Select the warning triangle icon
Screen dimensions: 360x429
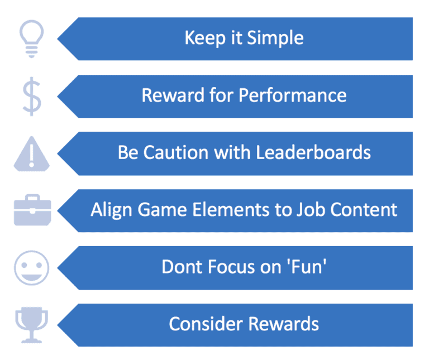pos(32,153)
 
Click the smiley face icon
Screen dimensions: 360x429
pos(31,267)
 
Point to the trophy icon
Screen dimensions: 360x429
pos(31,324)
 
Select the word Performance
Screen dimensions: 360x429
pos(293,95)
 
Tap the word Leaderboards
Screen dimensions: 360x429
pos(313,152)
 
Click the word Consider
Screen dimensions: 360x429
pos(203,324)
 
